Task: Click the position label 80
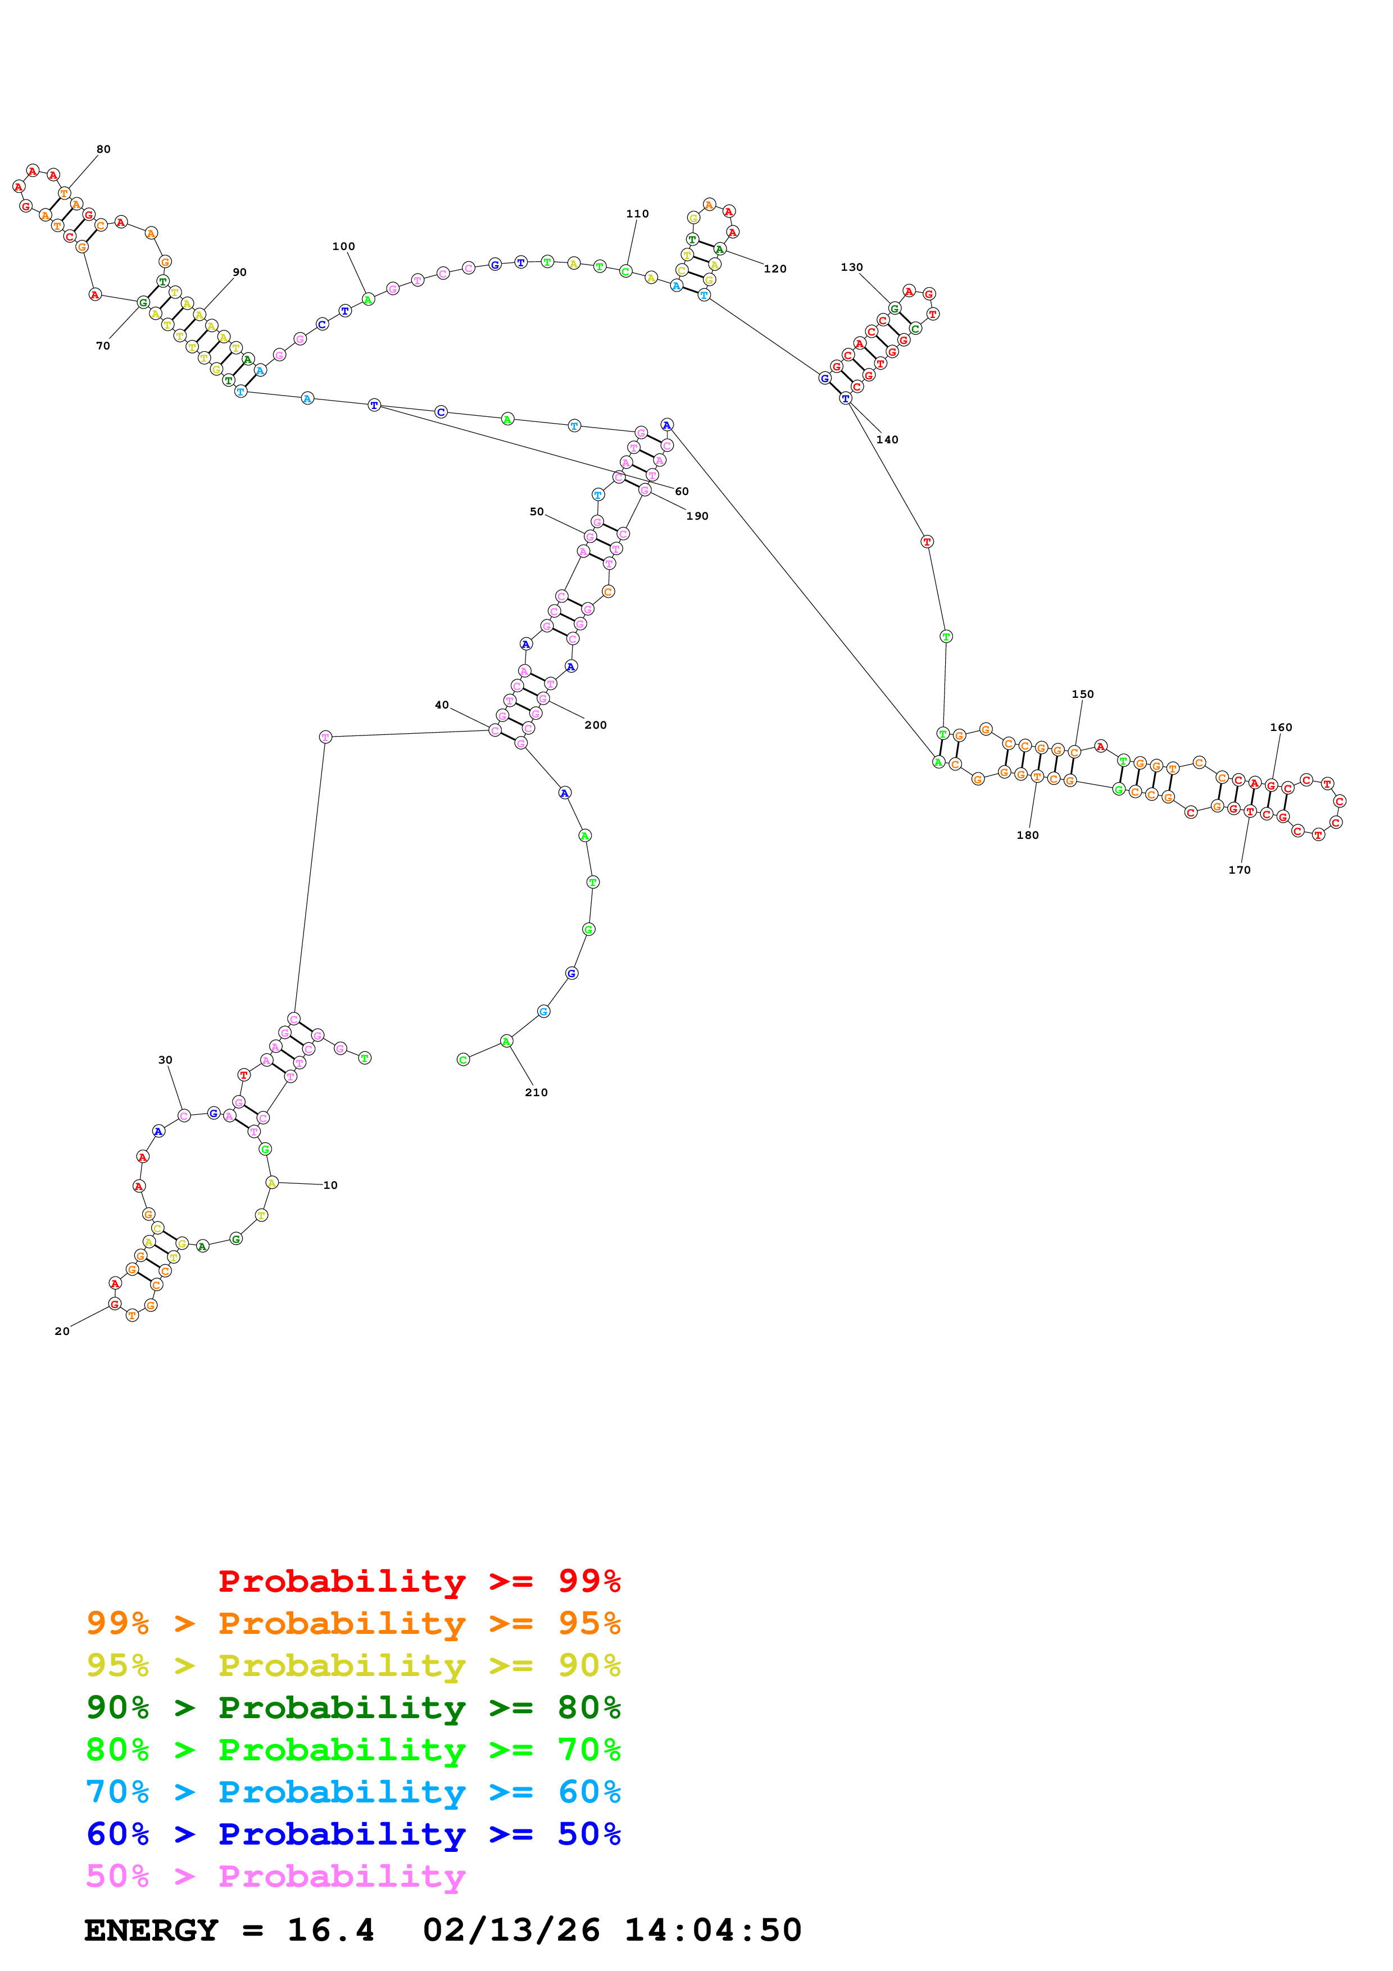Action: point(103,149)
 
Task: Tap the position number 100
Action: point(343,246)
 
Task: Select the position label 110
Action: point(637,214)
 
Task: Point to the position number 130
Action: point(851,267)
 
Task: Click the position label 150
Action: point(1082,694)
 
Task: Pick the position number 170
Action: point(1238,870)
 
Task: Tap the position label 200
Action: point(595,725)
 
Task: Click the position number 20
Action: point(62,1330)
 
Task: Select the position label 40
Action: point(441,705)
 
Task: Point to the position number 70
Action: point(103,346)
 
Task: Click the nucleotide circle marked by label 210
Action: point(506,1041)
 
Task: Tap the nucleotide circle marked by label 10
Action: point(271,1182)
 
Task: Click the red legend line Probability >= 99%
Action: point(419,1581)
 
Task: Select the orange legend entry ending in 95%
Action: point(353,1623)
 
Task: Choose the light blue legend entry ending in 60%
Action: point(353,1792)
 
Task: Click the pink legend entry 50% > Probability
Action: point(275,1875)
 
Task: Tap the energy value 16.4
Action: point(330,1930)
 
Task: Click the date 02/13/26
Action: point(511,1930)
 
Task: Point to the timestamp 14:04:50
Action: point(713,1930)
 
